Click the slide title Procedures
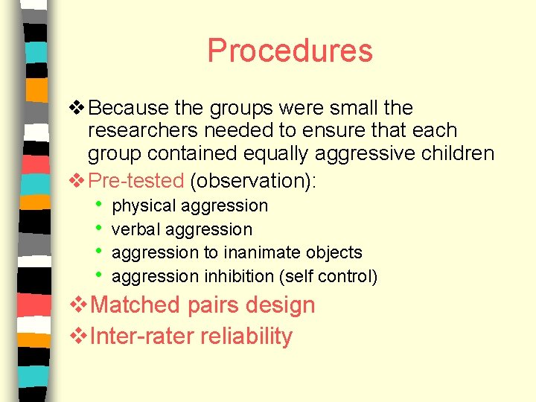tap(290, 51)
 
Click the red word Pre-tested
tap(135, 180)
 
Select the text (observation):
tap(253, 180)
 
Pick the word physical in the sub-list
tap(144, 206)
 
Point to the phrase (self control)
tap(328, 277)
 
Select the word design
tap(283, 305)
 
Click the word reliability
tap(246, 336)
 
